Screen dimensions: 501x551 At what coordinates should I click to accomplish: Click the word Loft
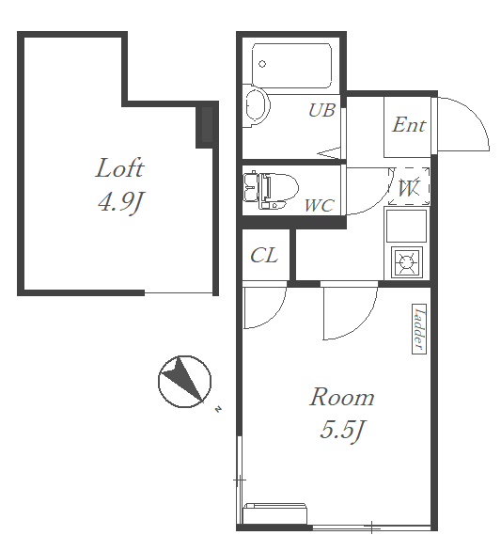119,168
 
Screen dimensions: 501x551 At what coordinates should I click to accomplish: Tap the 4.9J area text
121,202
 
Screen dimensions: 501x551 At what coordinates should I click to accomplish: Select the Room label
341,397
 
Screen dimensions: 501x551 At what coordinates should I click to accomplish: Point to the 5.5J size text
341,430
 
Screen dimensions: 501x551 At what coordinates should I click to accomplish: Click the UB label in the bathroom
321,110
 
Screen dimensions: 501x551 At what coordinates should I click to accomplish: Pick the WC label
319,205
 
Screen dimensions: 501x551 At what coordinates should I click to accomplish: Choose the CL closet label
264,255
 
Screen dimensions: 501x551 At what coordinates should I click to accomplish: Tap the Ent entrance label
409,125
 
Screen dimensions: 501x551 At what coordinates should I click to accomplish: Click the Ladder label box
419,329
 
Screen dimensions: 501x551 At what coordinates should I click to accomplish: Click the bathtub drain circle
262,64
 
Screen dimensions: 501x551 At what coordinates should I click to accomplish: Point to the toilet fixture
271,190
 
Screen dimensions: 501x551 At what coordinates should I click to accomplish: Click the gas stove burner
407,262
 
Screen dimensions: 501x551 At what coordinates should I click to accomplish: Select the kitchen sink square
406,226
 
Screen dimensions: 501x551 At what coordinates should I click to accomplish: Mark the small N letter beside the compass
218,409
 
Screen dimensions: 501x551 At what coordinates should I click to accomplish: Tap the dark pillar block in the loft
208,124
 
